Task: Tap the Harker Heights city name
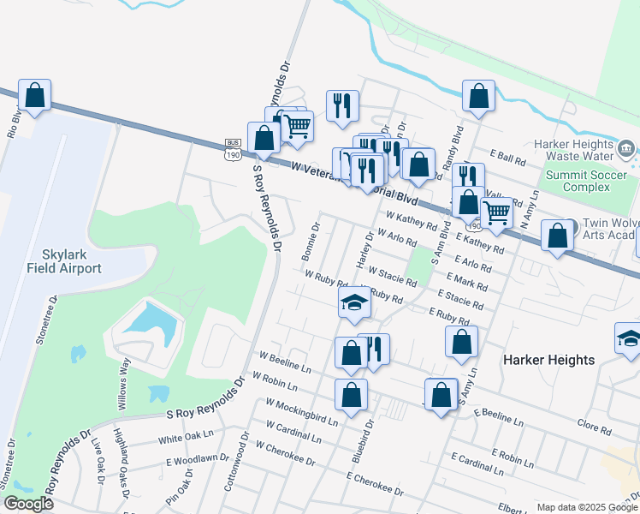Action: click(548, 360)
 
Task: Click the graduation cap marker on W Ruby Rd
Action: click(354, 302)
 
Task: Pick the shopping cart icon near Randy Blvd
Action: click(496, 211)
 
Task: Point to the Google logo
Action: click(28, 504)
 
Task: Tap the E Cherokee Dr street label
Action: click(374, 483)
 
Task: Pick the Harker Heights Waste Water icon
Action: click(625, 151)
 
